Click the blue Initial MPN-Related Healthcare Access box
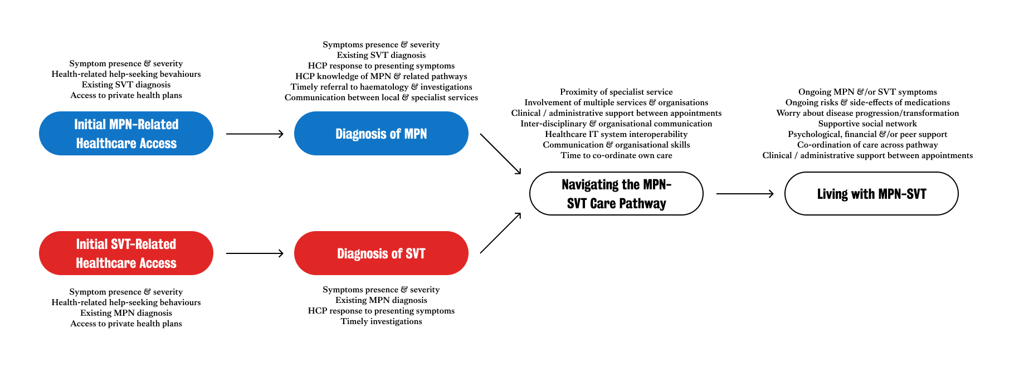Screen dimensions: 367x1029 (x=126, y=134)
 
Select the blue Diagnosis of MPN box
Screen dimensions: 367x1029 (x=381, y=134)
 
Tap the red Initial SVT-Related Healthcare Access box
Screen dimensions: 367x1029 (x=126, y=253)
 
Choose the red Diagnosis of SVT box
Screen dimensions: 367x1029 (x=381, y=253)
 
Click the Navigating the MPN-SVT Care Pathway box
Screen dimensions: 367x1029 (x=616, y=194)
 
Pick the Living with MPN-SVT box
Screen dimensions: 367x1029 (x=871, y=194)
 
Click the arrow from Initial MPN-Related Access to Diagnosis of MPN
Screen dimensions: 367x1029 (x=255, y=134)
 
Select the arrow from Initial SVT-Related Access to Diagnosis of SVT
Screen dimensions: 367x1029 (x=255, y=253)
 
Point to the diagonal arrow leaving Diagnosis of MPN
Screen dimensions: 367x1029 (x=500, y=154)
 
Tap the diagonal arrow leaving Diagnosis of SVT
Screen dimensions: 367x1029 (x=500, y=233)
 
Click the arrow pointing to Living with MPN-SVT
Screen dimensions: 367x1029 (x=744, y=194)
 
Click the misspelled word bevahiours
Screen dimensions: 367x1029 (x=178, y=74)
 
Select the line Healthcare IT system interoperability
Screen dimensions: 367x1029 (x=616, y=134)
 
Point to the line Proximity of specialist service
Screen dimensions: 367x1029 (x=616, y=92)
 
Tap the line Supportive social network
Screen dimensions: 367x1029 (x=867, y=124)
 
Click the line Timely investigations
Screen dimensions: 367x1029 (x=381, y=321)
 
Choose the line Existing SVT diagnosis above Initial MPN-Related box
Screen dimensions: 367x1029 (x=126, y=85)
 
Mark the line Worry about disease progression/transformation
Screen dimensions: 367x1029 (x=867, y=113)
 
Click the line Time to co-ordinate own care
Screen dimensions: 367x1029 (x=616, y=155)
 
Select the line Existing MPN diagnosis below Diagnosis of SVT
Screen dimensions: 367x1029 (x=381, y=300)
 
